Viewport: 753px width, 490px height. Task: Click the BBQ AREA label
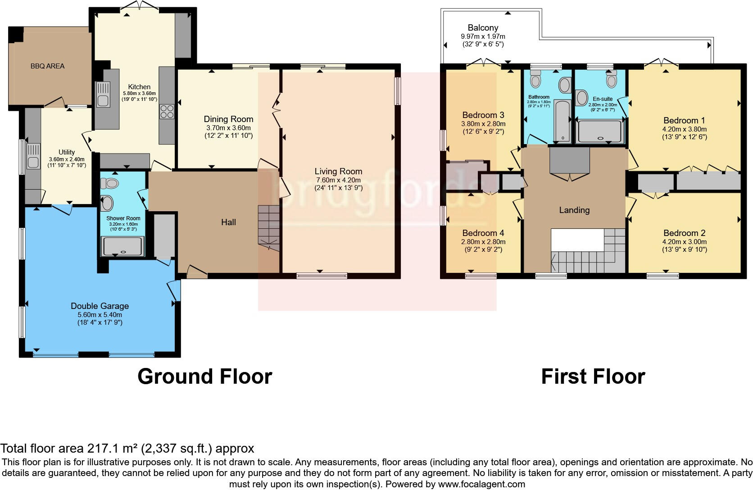[x=47, y=66]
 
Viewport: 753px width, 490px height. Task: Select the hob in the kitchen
[x=167, y=111]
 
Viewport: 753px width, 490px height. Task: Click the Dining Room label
[x=228, y=119]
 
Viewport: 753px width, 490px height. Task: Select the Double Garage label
[x=100, y=306]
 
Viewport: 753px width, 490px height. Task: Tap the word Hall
[x=228, y=222]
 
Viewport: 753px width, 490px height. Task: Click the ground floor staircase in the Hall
[x=269, y=227]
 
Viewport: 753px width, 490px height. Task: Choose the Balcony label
[x=483, y=28]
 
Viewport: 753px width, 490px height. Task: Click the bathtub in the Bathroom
[x=562, y=121]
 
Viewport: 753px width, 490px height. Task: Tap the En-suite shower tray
[x=599, y=131]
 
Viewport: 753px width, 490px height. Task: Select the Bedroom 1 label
[x=684, y=120]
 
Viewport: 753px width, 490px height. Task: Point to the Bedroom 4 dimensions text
[x=483, y=245]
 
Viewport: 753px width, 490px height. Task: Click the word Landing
[x=574, y=210]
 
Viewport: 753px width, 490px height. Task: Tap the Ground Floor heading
[x=204, y=376]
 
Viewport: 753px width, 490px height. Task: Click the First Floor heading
[x=593, y=376]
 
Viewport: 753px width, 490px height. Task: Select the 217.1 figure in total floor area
[x=101, y=449]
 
